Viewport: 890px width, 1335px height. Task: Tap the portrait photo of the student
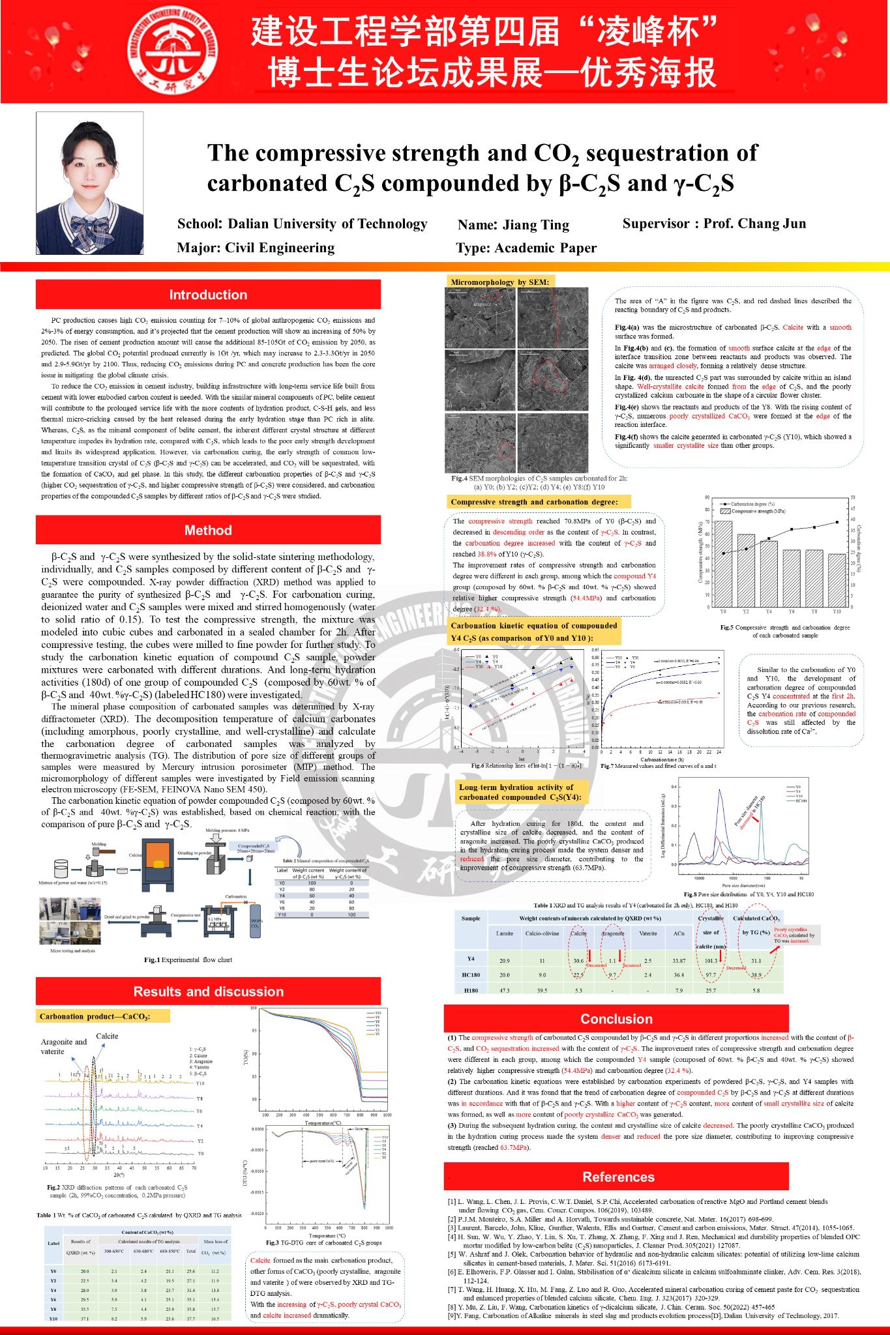(89, 183)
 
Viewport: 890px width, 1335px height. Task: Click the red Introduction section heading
(208, 295)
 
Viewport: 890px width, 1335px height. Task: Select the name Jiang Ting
(513, 225)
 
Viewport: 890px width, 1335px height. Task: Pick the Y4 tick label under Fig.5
(769, 612)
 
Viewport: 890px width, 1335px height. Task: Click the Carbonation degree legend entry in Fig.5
(751, 504)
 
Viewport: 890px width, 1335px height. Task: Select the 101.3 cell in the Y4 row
(711, 961)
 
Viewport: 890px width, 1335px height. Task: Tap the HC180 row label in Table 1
(471, 975)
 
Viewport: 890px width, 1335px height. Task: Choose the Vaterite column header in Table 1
(647, 933)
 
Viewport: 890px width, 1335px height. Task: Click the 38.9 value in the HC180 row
(756, 975)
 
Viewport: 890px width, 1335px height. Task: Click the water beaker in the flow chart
(61, 868)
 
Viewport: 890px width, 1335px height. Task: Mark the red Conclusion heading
(616, 1019)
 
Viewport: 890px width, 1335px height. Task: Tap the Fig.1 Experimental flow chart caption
(188, 960)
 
